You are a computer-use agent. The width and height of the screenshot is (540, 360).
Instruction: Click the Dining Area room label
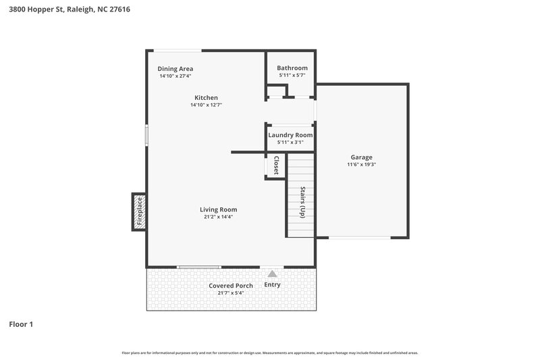click(x=175, y=68)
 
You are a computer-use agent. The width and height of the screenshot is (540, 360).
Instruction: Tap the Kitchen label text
click(x=206, y=97)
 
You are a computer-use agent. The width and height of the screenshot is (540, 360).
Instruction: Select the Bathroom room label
click(x=292, y=68)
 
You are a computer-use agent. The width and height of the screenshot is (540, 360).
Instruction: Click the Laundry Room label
click(x=290, y=134)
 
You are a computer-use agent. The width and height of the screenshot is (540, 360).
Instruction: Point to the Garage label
click(x=361, y=157)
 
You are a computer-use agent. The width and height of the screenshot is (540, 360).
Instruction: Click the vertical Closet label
click(x=276, y=166)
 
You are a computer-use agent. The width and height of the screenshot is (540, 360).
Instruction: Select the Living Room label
click(x=218, y=209)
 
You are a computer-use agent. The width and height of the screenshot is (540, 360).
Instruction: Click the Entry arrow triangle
click(x=272, y=274)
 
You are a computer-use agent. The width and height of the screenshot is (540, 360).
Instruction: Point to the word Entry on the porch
click(x=272, y=284)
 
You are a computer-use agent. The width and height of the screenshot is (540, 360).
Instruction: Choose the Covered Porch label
click(x=230, y=286)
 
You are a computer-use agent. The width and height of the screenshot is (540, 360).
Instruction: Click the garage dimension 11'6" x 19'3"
click(x=361, y=164)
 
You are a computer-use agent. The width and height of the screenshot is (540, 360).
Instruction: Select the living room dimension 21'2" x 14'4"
click(x=218, y=217)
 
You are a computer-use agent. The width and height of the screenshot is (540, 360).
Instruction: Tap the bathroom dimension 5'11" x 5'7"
click(x=292, y=76)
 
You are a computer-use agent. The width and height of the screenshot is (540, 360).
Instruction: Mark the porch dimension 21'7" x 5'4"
click(x=230, y=293)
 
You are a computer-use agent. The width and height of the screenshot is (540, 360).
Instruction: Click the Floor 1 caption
click(x=21, y=324)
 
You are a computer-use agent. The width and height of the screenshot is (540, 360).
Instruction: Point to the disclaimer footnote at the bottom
click(x=269, y=353)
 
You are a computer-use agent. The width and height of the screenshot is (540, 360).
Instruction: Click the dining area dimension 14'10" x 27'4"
click(x=175, y=76)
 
